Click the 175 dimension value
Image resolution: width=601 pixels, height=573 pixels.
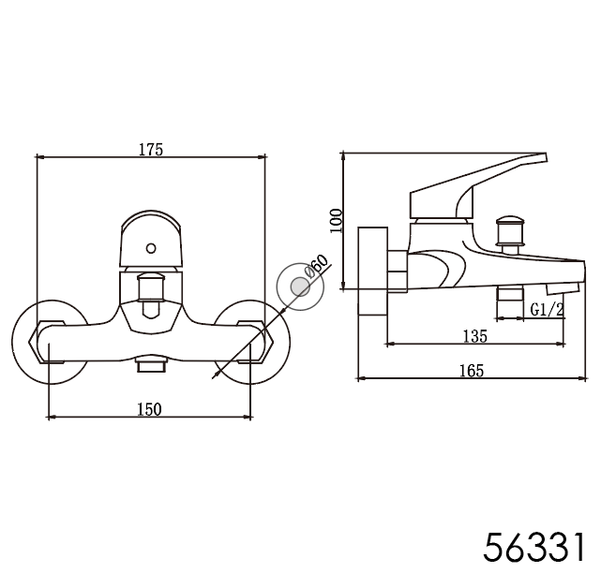151,149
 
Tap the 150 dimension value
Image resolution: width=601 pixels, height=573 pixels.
149,409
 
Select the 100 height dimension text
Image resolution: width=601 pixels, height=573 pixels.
337,220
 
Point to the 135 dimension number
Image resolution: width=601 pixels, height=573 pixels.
475,336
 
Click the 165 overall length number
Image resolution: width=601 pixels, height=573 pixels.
472,371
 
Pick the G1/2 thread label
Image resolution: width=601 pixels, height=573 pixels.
548,309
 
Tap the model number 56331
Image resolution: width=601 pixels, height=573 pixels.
535,547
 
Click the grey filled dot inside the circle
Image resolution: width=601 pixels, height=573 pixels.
300,287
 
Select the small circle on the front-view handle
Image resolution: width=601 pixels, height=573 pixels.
151,248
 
